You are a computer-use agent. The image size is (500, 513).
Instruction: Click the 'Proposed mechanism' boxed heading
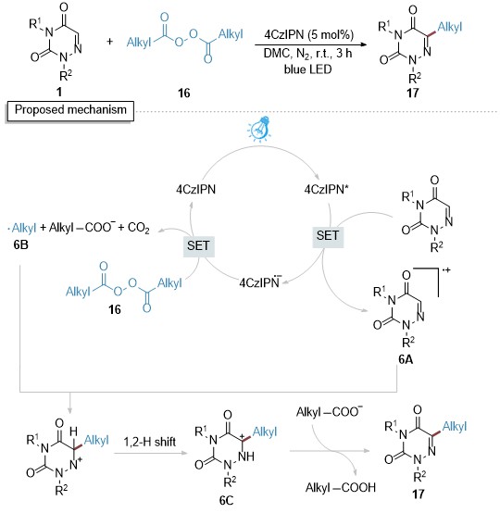pyautogui.click(x=70, y=110)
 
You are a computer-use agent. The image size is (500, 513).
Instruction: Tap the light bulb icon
pyautogui.click(x=259, y=129)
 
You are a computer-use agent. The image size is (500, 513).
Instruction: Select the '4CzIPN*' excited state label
pyautogui.click(x=325, y=189)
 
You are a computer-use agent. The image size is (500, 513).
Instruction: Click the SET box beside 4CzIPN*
pyautogui.click(x=328, y=235)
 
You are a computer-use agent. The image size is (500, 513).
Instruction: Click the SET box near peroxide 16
pyautogui.click(x=198, y=245)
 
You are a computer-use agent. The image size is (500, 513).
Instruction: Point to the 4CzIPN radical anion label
pyautogui.click(x=260, y=282)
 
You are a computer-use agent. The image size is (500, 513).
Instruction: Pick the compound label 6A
pyautogui.click(x=406, y=359)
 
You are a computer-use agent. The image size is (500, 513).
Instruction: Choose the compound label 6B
pyautogui.click(x=21, y=244)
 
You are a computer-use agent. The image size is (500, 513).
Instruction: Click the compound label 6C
pyautogui.click(x=227, y=500)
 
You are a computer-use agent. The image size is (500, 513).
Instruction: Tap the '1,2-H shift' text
pyautogui.click(x=150, y=442)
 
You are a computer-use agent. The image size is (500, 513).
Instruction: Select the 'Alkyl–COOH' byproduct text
pyautogui.click(x=341, y=487)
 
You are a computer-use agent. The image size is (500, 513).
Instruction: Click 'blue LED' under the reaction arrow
pyautogui.click(x=307, y=69)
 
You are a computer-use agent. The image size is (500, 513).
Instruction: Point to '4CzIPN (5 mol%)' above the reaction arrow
pyautogui.click(x=309, y=34)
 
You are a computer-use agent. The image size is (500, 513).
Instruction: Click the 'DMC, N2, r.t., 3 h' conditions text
pyautogui.click(x=308, y=53)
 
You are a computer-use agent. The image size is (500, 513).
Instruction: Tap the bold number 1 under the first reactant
pyautogui.click(x=59, y=92)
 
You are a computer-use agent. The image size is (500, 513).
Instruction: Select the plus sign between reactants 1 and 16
pyautogui.click(x=109, y=42)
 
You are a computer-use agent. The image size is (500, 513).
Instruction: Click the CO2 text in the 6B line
pyautogui.click(x=138, y=228)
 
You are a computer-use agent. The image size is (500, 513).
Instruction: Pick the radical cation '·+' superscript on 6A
pyautogui.click(x=446, y=269)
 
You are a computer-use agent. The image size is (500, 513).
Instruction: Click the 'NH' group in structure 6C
pyautogui.click(x=245, y=457)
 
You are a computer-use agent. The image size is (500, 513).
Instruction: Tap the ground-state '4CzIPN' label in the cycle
pyautogui.click(x=196, y=189)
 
